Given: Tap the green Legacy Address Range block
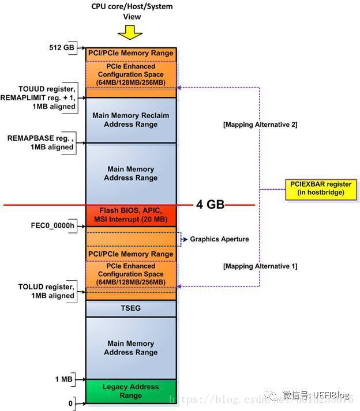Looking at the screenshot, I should point(130,391).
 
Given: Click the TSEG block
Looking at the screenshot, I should point(130,308).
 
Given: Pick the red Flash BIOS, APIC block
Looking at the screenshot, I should point(130,214).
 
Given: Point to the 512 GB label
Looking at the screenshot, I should point(62,48).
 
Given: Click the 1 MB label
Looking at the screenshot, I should point(64,379).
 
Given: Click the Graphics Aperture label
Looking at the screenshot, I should point(219,239).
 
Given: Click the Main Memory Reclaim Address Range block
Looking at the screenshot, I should point(130,120).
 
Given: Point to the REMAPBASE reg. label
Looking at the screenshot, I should point(40,143).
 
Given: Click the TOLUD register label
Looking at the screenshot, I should point(46,291).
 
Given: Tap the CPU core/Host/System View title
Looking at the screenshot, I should point(132,11).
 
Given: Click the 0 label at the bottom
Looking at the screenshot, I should point(71,404).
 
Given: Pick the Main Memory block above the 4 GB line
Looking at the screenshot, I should point(130,174).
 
